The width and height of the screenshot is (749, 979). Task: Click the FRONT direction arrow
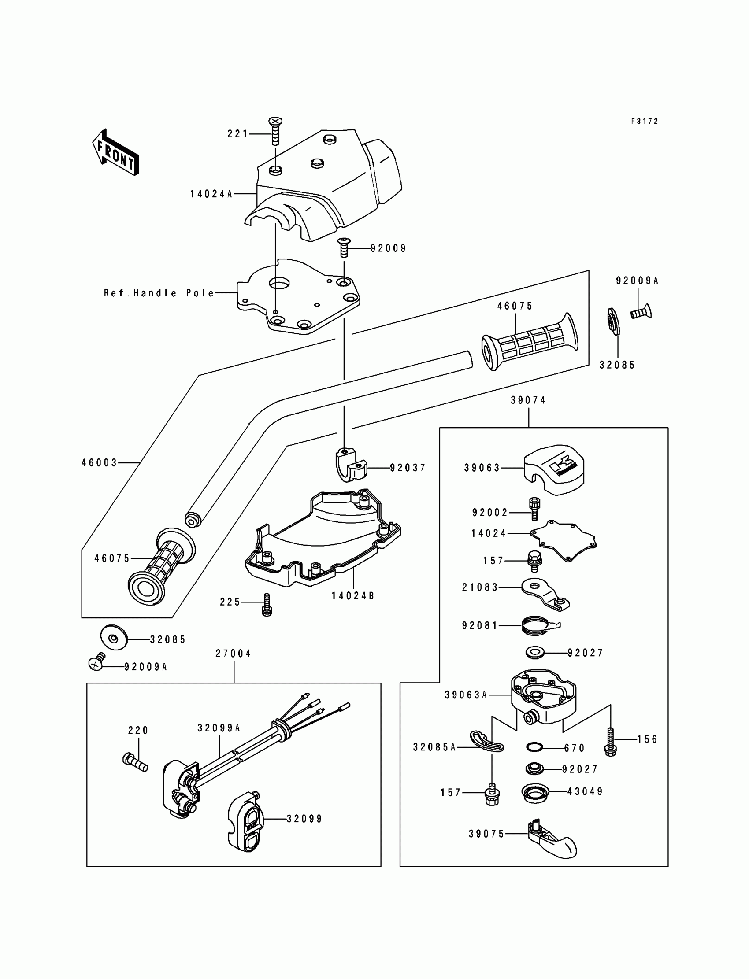(115, 152)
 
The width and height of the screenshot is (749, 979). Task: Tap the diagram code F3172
(644, 121)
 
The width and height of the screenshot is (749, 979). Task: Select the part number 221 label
(237, 134)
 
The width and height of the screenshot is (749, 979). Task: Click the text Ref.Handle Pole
(159, 293)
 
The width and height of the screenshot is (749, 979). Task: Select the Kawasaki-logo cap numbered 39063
(554, 469)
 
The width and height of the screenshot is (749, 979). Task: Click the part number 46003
(99, 463)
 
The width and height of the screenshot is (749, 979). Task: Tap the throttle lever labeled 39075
(551, 840)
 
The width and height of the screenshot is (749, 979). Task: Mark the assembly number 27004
(233, 654)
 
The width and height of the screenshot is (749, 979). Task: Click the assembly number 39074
(528, 400)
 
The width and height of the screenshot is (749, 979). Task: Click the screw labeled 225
(267, 604)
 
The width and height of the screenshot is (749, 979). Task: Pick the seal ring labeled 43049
(535, 793)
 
